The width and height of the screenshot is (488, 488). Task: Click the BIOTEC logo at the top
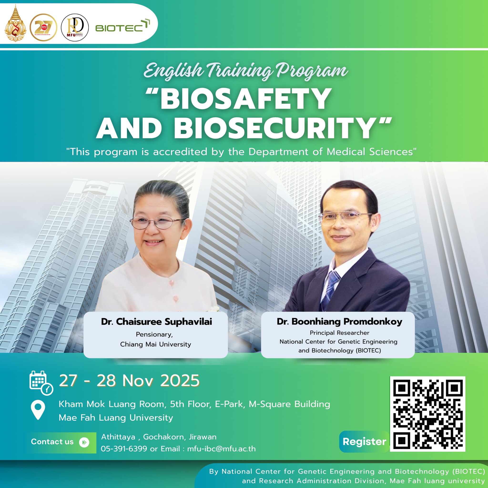(x=122, y=26)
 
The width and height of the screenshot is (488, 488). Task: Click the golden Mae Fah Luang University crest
(x=15, y=23)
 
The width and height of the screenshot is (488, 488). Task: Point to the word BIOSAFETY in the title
(x=246, y=99)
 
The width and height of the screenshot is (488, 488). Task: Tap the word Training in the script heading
(x=239, y=71)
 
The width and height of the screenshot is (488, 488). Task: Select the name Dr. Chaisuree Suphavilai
(x=156, y=321)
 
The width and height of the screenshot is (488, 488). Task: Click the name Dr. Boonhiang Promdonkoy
(x=340, y=321)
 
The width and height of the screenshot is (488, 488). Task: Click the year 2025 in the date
(x=180, y=381)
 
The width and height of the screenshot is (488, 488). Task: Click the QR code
(x=428, y=414)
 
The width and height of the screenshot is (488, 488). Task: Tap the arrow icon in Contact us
(x=84, y=442)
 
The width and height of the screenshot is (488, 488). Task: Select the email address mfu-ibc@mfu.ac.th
(x=222, y=449)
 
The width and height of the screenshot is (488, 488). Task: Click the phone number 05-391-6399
(x=124, y=449)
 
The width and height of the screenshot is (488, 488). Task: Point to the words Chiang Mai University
(x=156, y=344)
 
